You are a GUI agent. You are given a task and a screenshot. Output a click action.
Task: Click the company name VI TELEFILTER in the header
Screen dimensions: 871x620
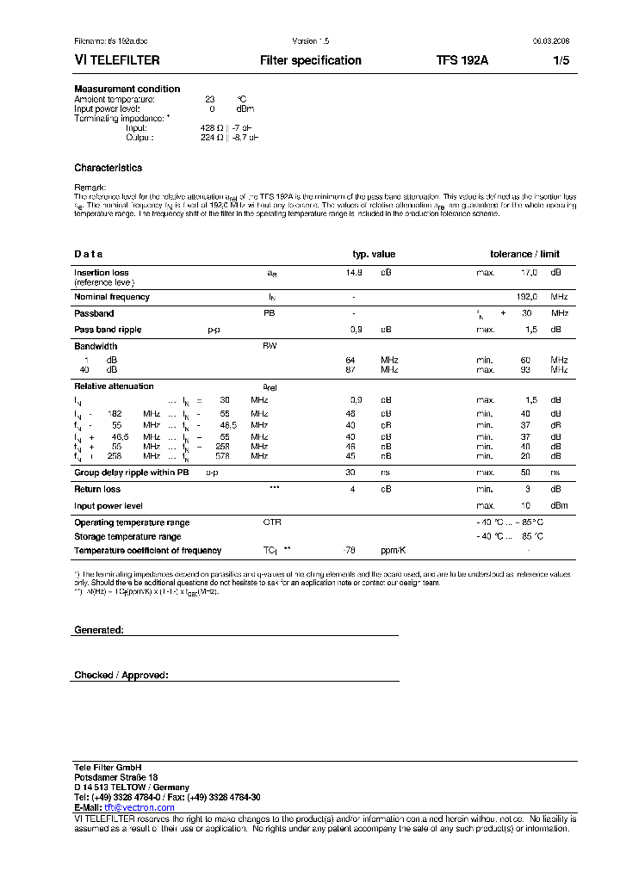click(117, 61)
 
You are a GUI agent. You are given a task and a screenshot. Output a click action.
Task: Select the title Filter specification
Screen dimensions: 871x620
click(310, 61)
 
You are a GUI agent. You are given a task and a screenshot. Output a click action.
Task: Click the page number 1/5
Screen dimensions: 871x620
click(560, 61)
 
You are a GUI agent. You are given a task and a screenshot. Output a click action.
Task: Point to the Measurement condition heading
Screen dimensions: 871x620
click(127, 90)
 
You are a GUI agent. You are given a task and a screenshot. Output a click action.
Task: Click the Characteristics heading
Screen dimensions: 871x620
click(108, 168)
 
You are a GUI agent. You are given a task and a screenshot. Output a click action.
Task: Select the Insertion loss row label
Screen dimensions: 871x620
click(102, 273)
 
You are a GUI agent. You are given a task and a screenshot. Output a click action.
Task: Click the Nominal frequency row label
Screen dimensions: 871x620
click(112, 297)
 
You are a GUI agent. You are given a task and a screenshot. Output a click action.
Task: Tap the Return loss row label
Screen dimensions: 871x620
click(98, 489)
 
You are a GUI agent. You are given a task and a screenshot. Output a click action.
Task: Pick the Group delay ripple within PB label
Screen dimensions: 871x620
click(131, 473)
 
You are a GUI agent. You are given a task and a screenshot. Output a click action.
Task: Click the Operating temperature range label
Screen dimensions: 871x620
click(132, 522)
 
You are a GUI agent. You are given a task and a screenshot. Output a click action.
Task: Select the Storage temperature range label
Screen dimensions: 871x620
click(127, 536)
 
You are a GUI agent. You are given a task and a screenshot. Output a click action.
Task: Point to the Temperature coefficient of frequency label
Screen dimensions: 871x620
click(147, 550)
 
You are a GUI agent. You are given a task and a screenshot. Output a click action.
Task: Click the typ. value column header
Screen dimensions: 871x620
click(374, 254)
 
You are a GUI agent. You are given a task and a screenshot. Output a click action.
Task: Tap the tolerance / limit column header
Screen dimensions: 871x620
click(524, 254)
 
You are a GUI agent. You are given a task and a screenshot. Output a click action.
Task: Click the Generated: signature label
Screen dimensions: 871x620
click(99, 630)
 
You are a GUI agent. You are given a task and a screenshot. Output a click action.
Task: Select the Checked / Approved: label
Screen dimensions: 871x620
click(121, 676)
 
